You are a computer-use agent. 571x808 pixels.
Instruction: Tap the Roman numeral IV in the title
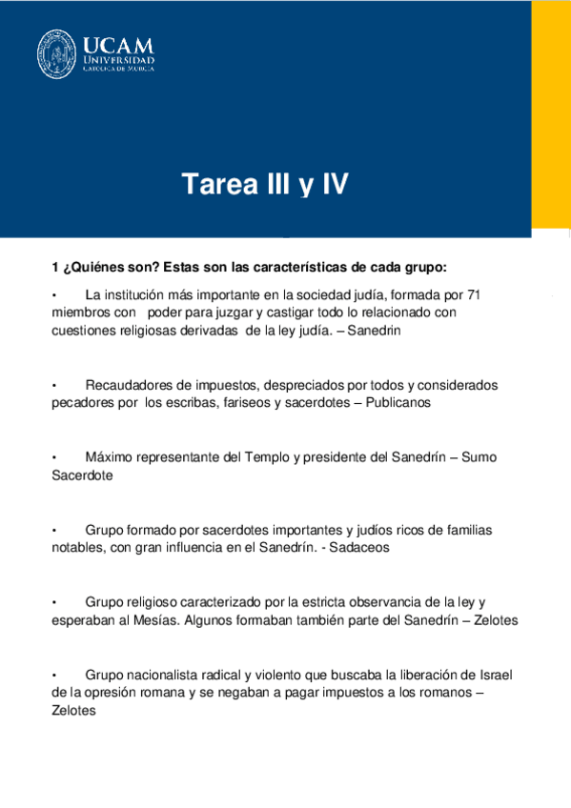point(331,184)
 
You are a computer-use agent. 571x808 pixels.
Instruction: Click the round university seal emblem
point(57,55)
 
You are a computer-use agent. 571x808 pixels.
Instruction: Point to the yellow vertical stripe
point(550,114)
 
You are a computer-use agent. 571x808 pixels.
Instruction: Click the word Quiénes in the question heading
point(98,266)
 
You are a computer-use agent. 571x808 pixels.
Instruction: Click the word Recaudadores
point(127,385)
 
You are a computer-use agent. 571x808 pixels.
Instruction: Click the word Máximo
point(110,457)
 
